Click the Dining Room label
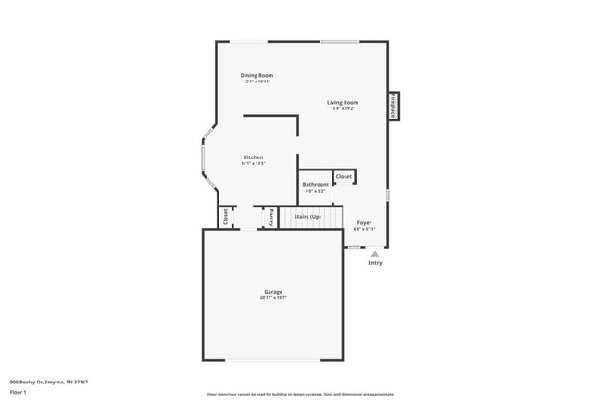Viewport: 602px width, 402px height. pyautogui.click(x=257, y=75)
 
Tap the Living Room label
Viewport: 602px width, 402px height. pyautogui.click(x=342, y=102)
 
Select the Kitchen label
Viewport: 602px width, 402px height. pyautogui.click(x=254, y=157)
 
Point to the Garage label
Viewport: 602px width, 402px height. pyautogui.click(x=272, y=292)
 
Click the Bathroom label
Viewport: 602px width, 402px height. pyautogui.click(x=315, y=184)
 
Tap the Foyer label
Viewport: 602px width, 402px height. pyautogui.click(x=364, y=222)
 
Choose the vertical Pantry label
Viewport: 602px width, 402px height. pyautogui.click(x=271, y=217)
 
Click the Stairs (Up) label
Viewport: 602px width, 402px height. pyautogui.click(x=307, y=217)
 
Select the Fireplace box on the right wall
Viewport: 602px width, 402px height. pyautogui.click(x=394, y=106)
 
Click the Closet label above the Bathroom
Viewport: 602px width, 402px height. pyautogui.click(x=344, y=175)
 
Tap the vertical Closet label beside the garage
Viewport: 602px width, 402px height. pyautogui.click(x=225, y=217)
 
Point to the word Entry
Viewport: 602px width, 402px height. pyautogui.click(x=374, y=263)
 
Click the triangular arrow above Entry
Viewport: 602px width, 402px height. pyautogui.click(x=374, y=253)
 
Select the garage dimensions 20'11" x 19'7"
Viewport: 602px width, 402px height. pyautogui.click(x=272, y=298)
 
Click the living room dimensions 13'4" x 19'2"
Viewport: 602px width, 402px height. pyautogui.click(x=342, y=108)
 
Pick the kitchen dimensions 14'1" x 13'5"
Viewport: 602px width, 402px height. pyautogui.click(x=254, y=164)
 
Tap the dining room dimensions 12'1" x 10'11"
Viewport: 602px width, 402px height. pyautogui.click(x=257, y=82)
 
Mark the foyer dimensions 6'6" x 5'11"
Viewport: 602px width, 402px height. pyautogui.click(x=364, y=229)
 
